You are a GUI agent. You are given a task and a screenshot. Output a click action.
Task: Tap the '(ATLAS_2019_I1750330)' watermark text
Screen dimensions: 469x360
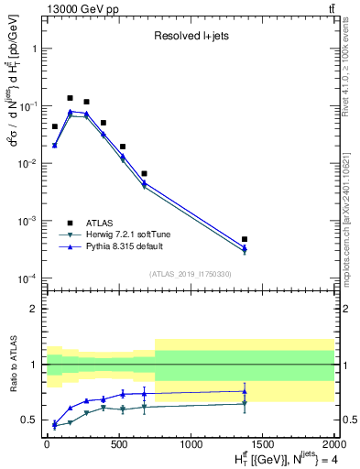pyautogui.click(x=190, y=273)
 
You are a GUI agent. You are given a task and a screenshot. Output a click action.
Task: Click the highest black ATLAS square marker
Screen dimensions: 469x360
pyautogui.click(x=70, y=98)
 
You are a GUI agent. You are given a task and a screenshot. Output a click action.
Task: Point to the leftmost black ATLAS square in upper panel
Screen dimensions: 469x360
pyautogui.click(x=55, y=126)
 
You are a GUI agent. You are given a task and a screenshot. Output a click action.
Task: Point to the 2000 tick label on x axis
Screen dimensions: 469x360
pyautogui.click(x=334, y=445)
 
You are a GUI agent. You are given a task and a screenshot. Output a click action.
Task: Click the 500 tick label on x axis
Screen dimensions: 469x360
pyautogui.click(x=118, y=445)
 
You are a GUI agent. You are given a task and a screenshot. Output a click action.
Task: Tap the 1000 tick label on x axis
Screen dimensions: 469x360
pyautogui.click(x=191, y=445)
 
